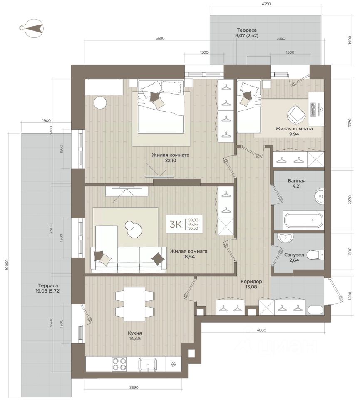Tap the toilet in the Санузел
[x=315, y=255]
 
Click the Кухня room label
[x=135, y=336]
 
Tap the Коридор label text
[x=251, y=284]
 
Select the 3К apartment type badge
[x=184, y=224]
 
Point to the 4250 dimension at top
[x=266, y=4]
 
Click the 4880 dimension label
[x=261, y=330]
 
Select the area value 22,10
[x=171, y=160]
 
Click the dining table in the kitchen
[x=134, y=304]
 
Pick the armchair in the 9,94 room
[x=296, y=114]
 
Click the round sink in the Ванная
[x=319, y=196]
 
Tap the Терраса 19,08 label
[x=48, y=288]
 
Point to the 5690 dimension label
[x=160, y=38]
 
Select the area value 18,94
[x=189, y=257]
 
